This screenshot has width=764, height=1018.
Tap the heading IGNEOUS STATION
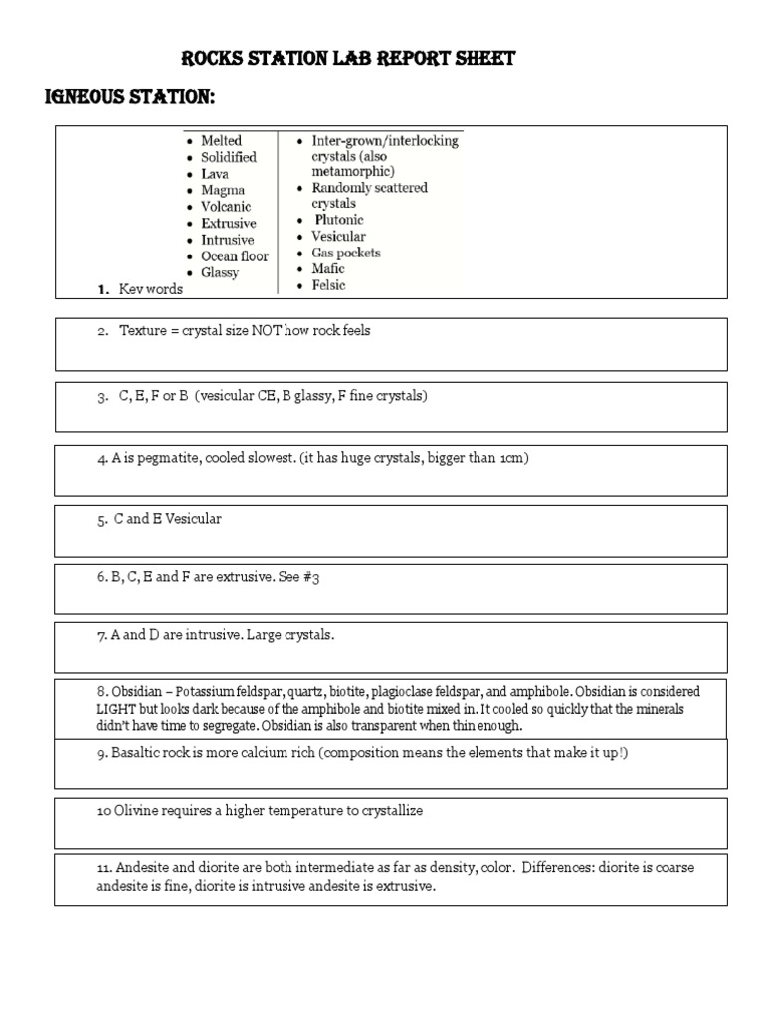(130, 99)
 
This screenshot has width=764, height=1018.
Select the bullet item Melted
(221, 141)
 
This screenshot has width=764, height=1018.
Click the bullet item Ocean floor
(235, 256)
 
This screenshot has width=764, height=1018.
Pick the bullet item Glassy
(220, 273)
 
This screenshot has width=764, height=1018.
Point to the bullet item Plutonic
(338, 220)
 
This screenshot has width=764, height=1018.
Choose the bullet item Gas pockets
(346, 253)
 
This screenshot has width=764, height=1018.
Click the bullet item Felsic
(329, 285)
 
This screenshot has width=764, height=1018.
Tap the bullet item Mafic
(328, 269)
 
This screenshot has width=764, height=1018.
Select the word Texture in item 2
(142, 331)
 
